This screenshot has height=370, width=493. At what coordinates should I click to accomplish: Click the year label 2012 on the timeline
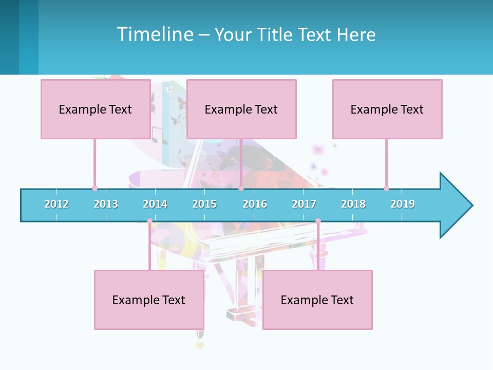pyautogui.click(x=56, y=204)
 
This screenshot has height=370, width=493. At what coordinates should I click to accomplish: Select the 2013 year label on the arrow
pyautogui.click(x=106, y=204)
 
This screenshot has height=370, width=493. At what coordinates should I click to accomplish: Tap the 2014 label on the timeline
pyautogui.click(x=155, y=204)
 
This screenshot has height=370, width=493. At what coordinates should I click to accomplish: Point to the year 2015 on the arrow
pyautogui.click(x=204, y=204)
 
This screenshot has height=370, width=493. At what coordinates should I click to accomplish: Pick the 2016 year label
pyautogui.click(x=255, y=204)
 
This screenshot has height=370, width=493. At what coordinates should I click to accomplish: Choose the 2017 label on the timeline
pyautogui.click(x=304, y=204)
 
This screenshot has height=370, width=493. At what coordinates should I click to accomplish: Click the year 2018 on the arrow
pyautogui.click(x=353, y=204)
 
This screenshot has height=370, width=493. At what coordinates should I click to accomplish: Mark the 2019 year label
pyautogui.click(x=403, y=204)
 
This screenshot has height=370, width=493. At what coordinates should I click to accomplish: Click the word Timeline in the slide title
pyautogui.click(x=155, y=34)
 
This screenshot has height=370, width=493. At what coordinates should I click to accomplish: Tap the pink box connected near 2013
pyautogui.click(x=96, y=109)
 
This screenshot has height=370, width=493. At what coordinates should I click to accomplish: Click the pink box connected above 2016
pyautogui.click(x=241, y=109)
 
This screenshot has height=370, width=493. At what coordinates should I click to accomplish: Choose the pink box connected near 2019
pyautogui.click(x=387, y=109)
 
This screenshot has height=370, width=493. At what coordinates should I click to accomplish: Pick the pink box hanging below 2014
pyautogui.click(x=149, y=300)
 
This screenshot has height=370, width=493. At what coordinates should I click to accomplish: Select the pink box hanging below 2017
pyautogui.click(x=317, y=300)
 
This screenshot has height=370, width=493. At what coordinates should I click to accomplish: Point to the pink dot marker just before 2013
pyautogui.click(x=94, y=188)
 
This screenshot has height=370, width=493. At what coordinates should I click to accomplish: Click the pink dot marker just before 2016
pyautogui.click(x=241, y=188)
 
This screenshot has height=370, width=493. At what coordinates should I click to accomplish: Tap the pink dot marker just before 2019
pyautogui.click(x=386, y=188)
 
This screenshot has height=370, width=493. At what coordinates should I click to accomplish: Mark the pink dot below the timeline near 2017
pyautogui.click(x=318, y=221)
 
